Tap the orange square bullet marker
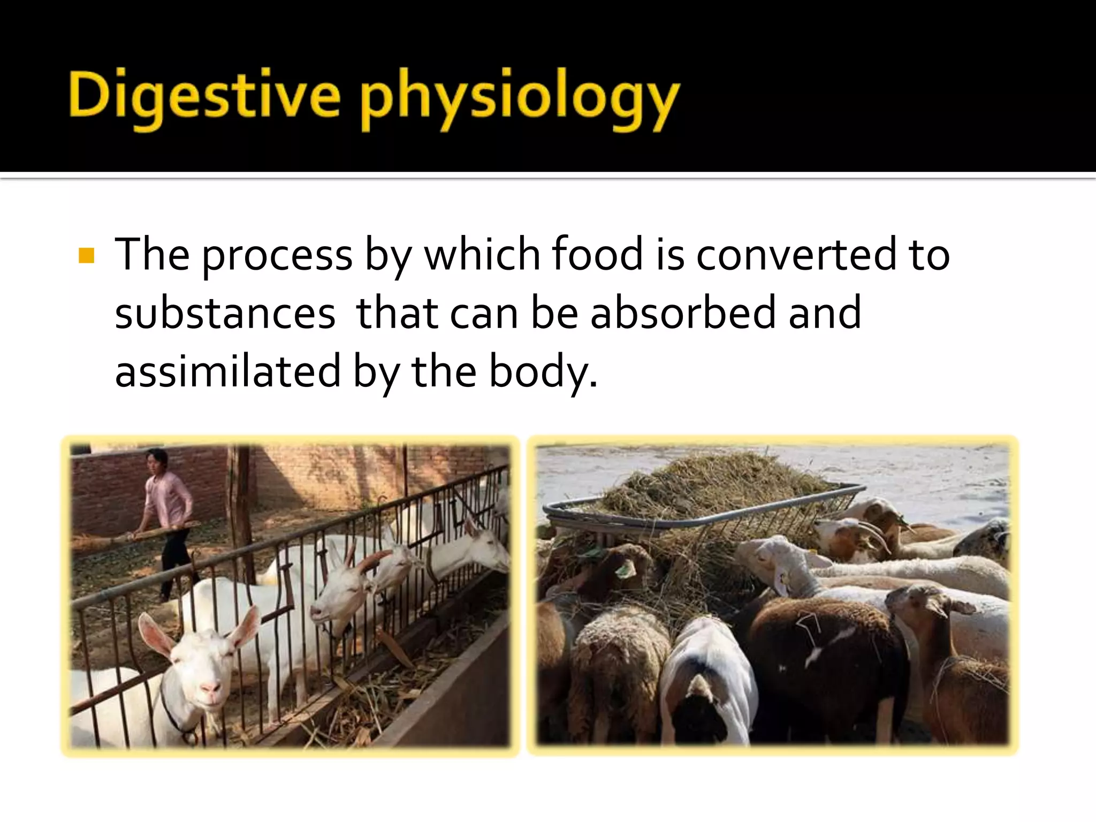[86, 256]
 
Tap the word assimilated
[227, 371]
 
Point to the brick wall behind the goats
[332, 471]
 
